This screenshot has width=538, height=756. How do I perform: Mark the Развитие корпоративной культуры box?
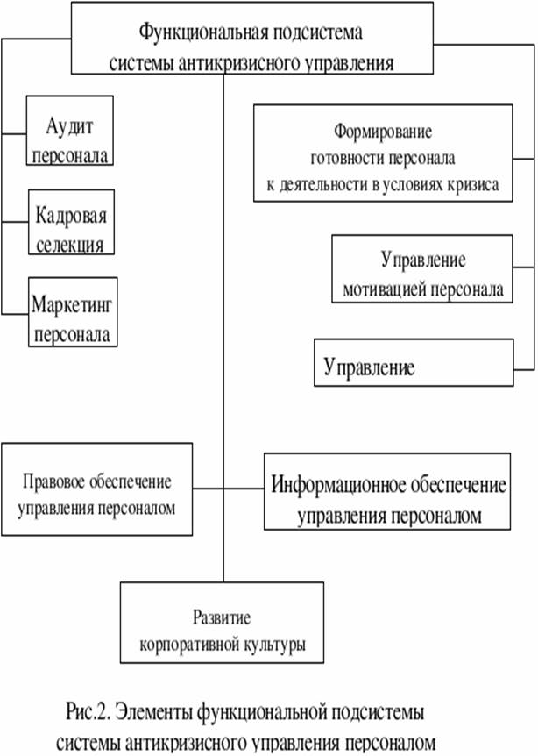click(x=223, y=624)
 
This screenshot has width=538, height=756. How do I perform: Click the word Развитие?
click(x=223, y=615)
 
